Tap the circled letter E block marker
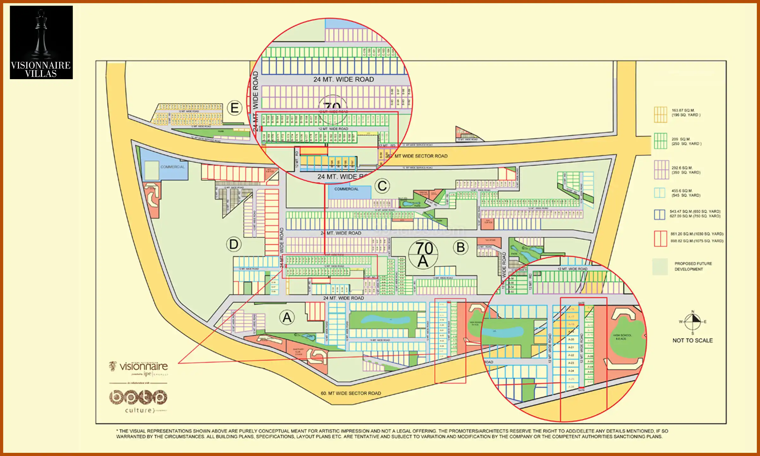pyautogui.click(x=235, y=108)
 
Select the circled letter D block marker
pyautogui.click(x=234, y=244)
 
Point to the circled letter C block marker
pyautogui.click(x=382, y=186)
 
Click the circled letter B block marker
pyautogui.click(x=460, y=247)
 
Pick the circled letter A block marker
pyautogui.click(x=287, y=317)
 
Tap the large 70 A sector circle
pyautogui.click(x=423, y=254)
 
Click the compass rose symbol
pyautogui.click(x=693, y=322)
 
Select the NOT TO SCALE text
pyautogui.click(x=693, y=340)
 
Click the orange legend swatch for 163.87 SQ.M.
pyautogui.click(x=661, y=114)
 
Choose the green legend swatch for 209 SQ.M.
pyautogui.click(x=661, y=141)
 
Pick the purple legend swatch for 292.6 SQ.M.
pyautogui.click(x=661, y=170)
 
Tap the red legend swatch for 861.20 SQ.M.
pyautogui.click(x=661, y=238)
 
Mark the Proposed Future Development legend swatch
pyautogui.click(x=660, y=267)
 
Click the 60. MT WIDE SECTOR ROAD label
pyautogui.click(x=351, y=393)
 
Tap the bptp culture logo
pyautogui.click(x=138, y=401)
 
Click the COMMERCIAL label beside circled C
pyautogui.click(x=346, y=189)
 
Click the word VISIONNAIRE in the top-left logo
pyautogui.click(x=41, y=65)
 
